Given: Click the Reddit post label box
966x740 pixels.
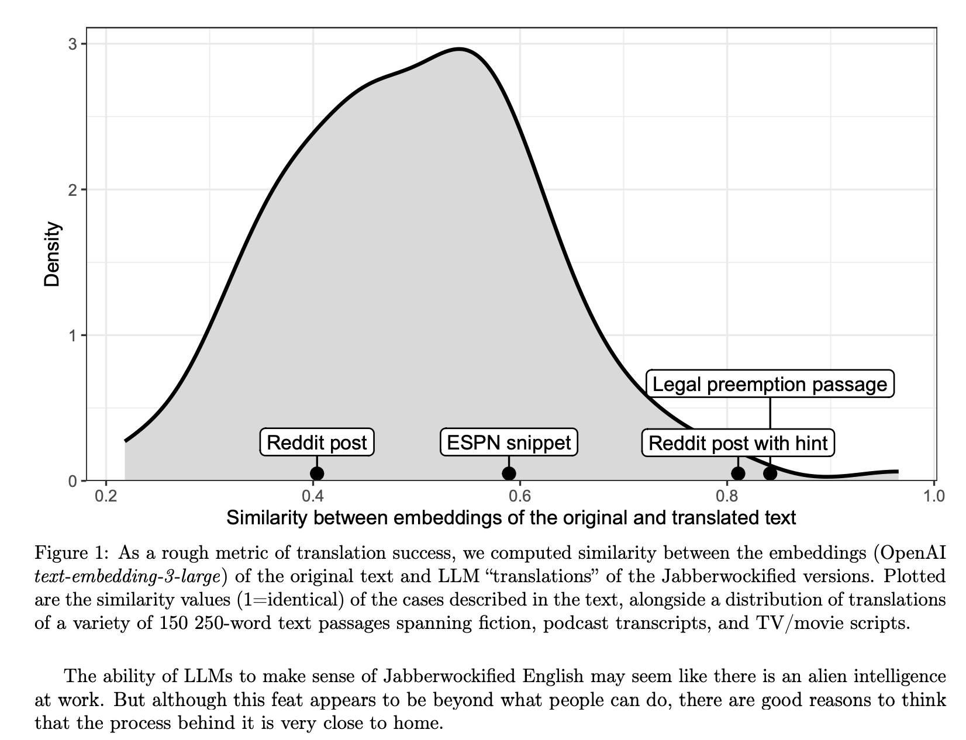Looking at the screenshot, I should (x=317, y=442).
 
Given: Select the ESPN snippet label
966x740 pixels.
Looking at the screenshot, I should (x=509, y=442).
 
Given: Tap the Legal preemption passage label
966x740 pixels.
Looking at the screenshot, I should (x=770, y=384).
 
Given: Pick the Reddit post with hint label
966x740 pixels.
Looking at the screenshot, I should (x=738, y=442).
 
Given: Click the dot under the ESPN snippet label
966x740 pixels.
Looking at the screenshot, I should (x=509, y=473).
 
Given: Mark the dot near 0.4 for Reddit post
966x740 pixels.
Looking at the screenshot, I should (x=317, y=473).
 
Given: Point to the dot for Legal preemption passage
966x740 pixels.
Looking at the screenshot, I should (x=770, y=473).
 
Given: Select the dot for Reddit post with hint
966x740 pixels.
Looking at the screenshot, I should (x=738, y=473).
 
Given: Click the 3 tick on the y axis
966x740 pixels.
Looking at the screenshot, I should (x=73, y=44).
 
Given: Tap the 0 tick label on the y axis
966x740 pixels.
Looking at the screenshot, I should (x=73, y=481).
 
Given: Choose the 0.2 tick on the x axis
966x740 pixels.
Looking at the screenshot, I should (x=105, y=497).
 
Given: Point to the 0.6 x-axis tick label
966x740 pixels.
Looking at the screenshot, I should (x=519, y=497).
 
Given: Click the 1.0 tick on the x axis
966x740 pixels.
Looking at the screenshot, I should (x=933, y=497).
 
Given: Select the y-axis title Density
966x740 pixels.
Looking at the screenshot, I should (x=53, y=254).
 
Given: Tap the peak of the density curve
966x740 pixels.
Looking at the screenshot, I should (x=460, y=49).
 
